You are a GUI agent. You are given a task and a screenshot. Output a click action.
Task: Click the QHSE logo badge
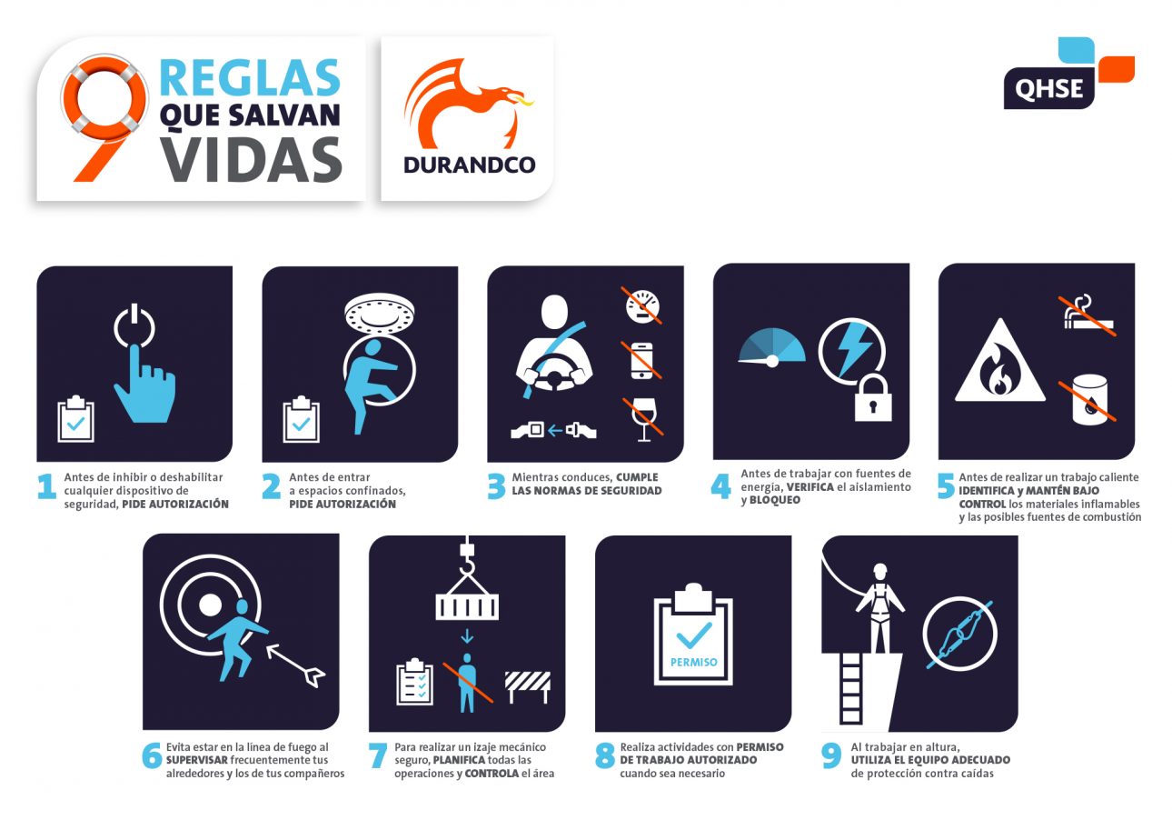[1049, 87]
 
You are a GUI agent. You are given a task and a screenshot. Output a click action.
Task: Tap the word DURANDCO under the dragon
[469, 165]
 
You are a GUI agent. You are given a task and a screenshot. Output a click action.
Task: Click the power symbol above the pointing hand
[134, 328]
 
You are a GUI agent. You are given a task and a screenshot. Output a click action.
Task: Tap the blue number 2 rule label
[271, 487]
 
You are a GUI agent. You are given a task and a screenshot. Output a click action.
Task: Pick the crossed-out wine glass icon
[643, 418]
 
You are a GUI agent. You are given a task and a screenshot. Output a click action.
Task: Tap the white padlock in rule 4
[873, 396]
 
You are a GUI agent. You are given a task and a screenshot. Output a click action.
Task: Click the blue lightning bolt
[854, 348]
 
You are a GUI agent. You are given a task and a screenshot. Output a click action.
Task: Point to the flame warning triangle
[998, 364]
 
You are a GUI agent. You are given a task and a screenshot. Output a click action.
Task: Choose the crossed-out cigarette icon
[1088, 315]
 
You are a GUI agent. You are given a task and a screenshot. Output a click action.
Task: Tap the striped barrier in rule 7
[527, 686]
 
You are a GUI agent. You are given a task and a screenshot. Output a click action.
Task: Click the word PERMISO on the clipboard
[693, 663]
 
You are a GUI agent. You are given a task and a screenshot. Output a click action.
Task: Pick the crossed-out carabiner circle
[958, 636]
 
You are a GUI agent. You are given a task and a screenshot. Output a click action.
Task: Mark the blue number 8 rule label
[605, 756]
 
